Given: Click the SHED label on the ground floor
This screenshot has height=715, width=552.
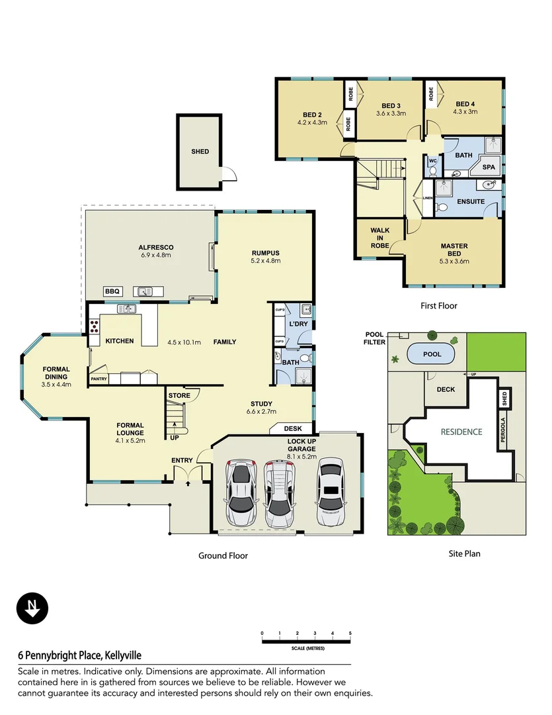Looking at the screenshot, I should click(200, 152).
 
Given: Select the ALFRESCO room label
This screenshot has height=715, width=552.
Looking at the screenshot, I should click(156, 248).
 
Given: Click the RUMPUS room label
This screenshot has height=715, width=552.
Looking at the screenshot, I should click(266, 253).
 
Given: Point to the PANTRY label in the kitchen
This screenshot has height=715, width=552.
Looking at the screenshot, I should click(99, 379).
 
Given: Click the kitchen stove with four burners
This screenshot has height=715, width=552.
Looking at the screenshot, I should click(93, 326).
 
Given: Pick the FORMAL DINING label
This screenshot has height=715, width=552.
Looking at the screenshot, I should click(56, 373).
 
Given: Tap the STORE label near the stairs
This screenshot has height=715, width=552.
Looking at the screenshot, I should click(179, 396).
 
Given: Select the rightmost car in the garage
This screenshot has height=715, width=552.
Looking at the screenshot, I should click(331, 491).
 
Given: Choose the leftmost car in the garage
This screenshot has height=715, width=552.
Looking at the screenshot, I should click(241, 493).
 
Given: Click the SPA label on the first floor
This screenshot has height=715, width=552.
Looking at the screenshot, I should click(489, 167).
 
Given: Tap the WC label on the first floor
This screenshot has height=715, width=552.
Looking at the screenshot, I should click(433, 161).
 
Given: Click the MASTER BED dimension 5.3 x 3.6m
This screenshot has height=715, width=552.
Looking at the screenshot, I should click(454, 261).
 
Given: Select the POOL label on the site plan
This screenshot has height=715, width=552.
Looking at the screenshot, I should click(432, 354).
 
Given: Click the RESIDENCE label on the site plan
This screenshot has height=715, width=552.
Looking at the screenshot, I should click(461, 432).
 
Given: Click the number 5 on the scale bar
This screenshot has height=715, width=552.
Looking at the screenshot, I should click(350, 634).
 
